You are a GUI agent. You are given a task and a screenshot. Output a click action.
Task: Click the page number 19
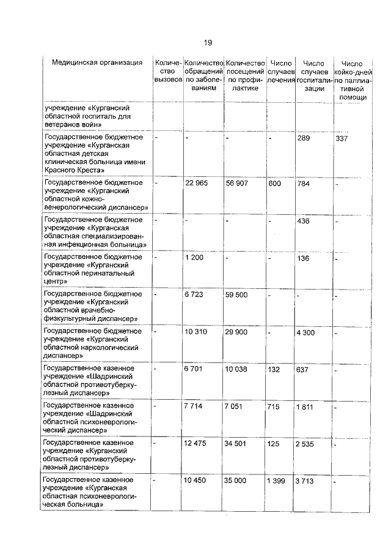[208, 42]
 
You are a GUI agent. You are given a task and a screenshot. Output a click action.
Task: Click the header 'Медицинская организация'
[98, 63]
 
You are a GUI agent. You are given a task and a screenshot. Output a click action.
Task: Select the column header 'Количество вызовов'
[168, 71]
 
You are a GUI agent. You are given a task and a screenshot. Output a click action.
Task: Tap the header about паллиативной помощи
[353, 80]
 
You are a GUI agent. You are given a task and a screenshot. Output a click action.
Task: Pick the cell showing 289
[304, 138]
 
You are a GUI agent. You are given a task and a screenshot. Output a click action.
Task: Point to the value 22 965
[197, 183]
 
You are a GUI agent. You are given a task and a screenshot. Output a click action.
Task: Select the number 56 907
[238, 183]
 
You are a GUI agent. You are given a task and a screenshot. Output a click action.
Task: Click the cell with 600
[274, 183]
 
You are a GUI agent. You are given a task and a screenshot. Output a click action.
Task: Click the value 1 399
[276, 481]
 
